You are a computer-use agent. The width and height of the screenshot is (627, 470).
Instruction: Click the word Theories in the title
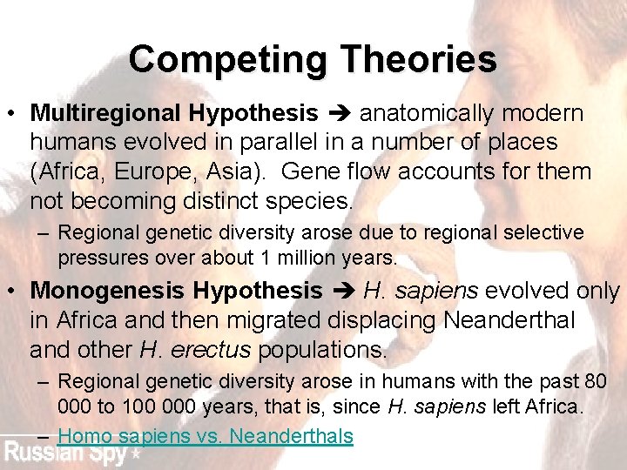coord(419,60)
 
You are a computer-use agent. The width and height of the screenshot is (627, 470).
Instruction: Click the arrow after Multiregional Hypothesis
coord(339,113)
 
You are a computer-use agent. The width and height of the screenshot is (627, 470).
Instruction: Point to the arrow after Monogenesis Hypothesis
coord(342,290)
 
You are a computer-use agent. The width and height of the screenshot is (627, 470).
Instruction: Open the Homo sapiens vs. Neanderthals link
coord(206,436)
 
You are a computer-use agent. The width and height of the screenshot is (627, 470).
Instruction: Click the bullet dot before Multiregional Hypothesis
coord(11,114)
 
